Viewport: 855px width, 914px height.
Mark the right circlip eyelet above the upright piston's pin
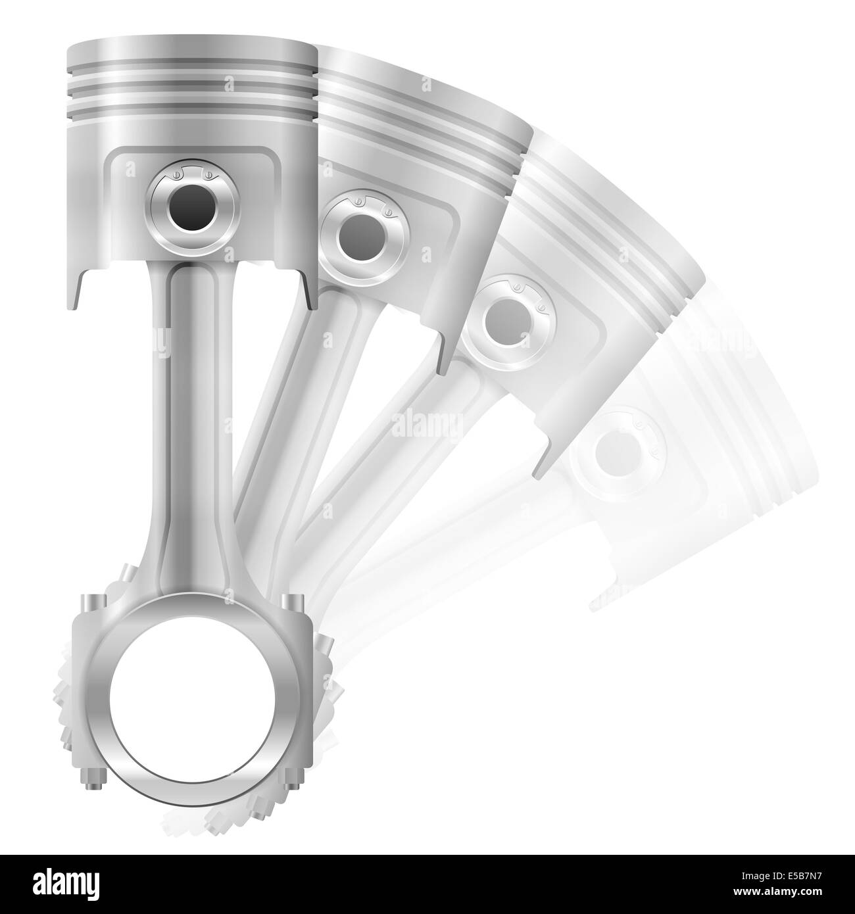point(208,176)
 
